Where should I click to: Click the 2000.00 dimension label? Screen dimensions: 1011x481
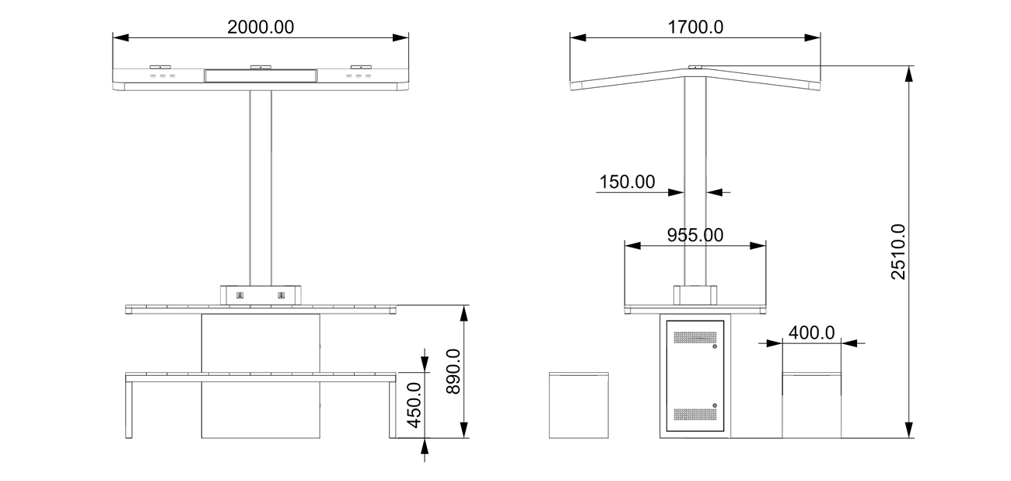(x=261, y=27)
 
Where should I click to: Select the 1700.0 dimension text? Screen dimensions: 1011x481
(x=695, y=27)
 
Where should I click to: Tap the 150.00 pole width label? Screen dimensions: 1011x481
(x=627, y=181)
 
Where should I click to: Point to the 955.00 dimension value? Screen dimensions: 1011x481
(x=695, y=235)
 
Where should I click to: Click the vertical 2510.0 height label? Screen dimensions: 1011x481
(x=898, y=251)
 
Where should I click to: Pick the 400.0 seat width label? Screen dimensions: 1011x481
(x=811, y=333)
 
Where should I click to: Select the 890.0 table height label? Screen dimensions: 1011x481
(x=453, y=371)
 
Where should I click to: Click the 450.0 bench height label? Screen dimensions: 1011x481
(x=414, y=406)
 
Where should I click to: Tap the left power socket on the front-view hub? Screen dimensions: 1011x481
(x=240, y=296)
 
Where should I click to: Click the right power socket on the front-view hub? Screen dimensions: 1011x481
(x=282, y=296)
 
